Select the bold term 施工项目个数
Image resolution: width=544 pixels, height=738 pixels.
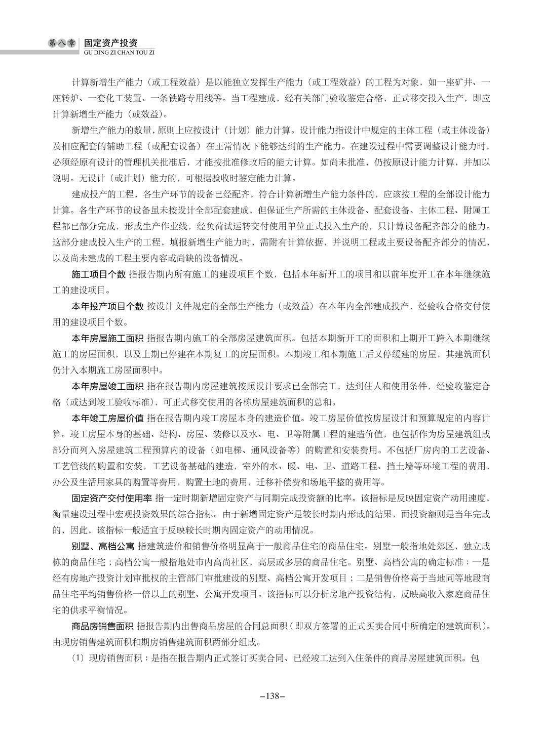[98, 274]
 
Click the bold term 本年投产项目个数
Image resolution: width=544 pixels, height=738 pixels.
[107, 306]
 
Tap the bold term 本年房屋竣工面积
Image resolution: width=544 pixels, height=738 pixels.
[107, 386]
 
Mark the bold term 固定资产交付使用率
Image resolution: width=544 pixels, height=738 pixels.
[111, 499]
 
